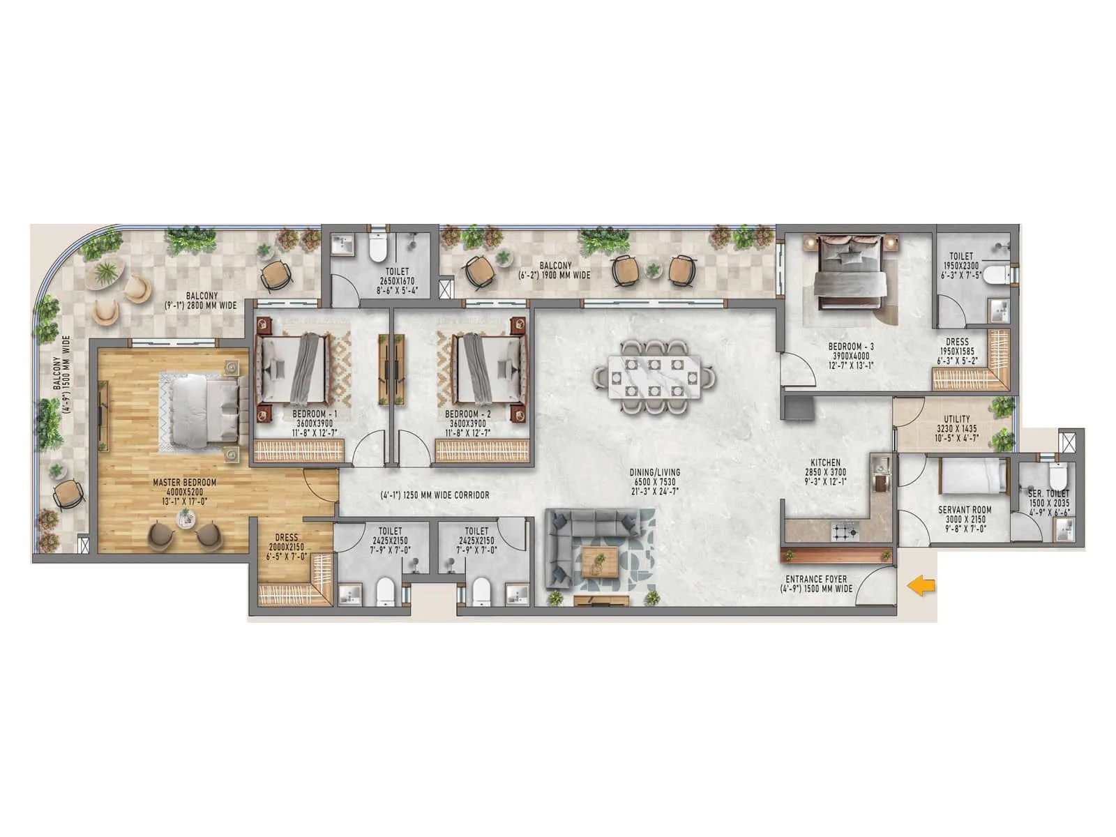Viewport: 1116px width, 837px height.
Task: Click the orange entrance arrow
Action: (x=921, y=587)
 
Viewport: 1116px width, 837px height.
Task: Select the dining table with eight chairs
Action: (x=654, y=378)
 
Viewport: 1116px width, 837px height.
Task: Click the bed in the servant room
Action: (x=973, y=475)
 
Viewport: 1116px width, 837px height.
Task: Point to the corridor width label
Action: (x=435, y=495)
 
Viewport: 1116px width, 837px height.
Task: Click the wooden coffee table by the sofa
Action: (x=600, y=561)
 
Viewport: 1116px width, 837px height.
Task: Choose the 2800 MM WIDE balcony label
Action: (x=201, y=301)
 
